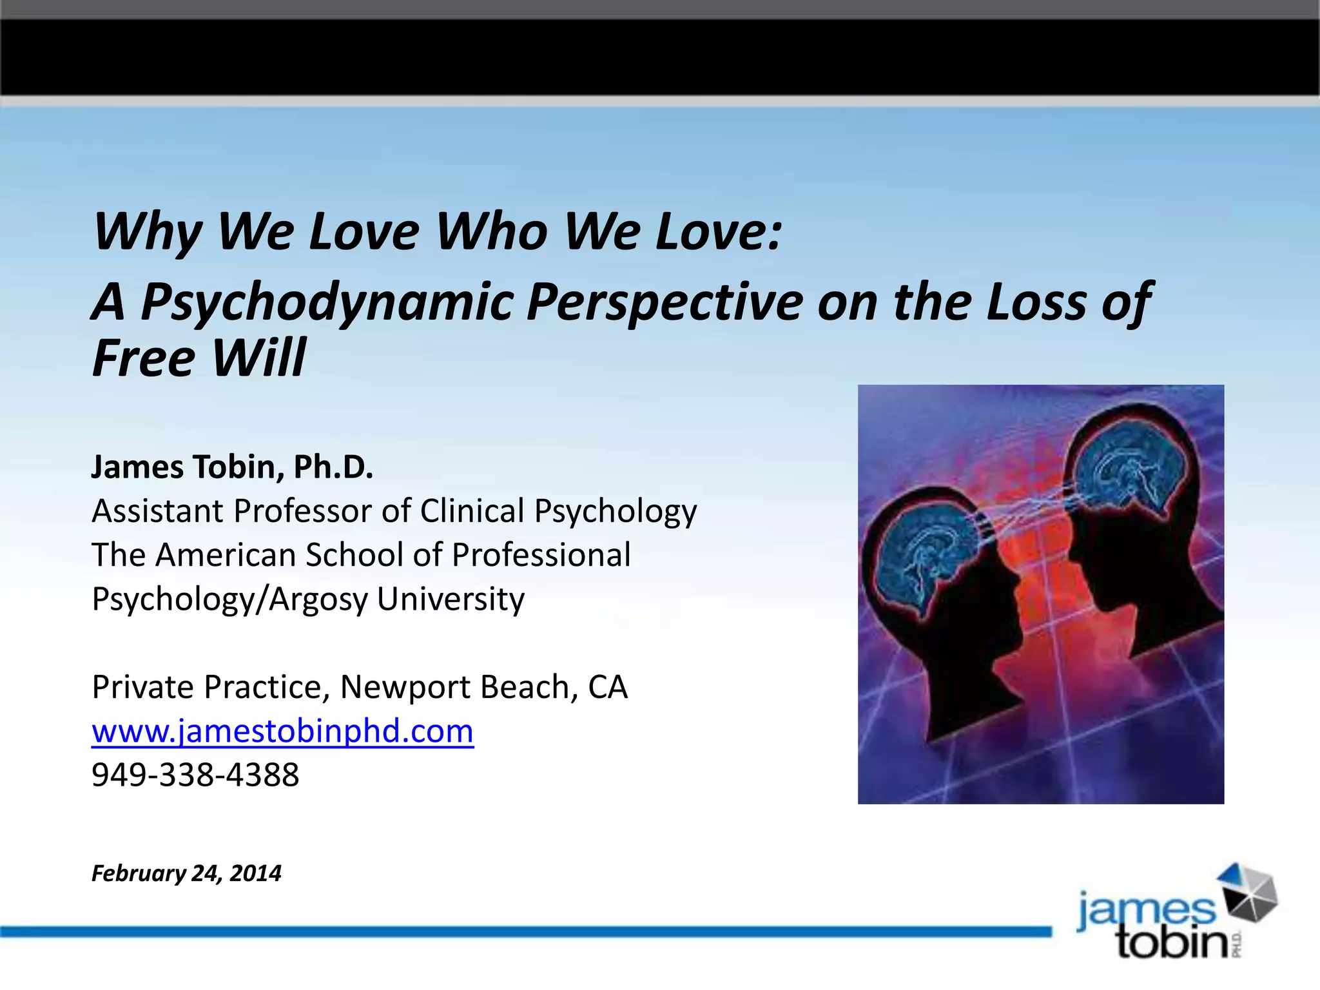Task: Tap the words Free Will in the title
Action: coord(199,358)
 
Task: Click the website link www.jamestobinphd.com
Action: coord(282,731)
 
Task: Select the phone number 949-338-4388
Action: coord(195,775)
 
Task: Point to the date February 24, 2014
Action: coord(186,873)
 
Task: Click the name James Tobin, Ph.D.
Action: coord(232,467)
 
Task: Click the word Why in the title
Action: coord(148,232)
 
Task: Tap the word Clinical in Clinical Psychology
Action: coord(472,511)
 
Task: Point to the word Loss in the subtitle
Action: coord(1036,302)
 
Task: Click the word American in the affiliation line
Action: coord(226,555)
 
